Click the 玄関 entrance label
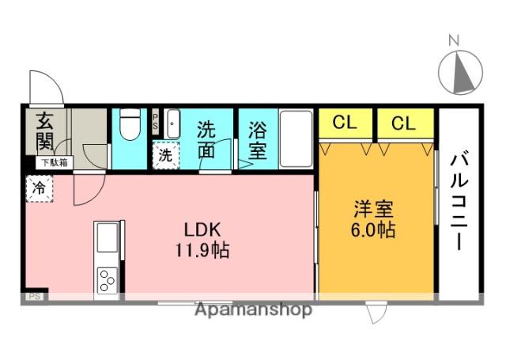45,131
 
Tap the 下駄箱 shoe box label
55,163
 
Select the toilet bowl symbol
130,124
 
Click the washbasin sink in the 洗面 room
173,124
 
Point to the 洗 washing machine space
165,156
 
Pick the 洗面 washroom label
206,139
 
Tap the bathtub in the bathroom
296,138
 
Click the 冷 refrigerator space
40,188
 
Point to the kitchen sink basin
108,237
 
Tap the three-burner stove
108,280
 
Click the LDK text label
202,230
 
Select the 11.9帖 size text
202,250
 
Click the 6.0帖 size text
373,230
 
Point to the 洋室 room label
374,209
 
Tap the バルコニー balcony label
459,203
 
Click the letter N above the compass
454,40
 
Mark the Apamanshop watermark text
253,310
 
